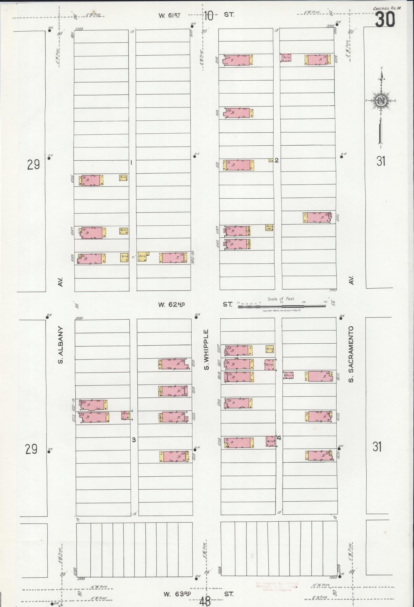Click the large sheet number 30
click(385, 20)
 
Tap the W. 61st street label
click(169, 16)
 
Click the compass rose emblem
click(381, 101)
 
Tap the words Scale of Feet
click(281, 299)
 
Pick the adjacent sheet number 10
click(209, 16)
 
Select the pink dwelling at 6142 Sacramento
click(319, 217)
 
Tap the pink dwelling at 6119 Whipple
click(237, 113)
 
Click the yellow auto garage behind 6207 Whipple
click(270, 349)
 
